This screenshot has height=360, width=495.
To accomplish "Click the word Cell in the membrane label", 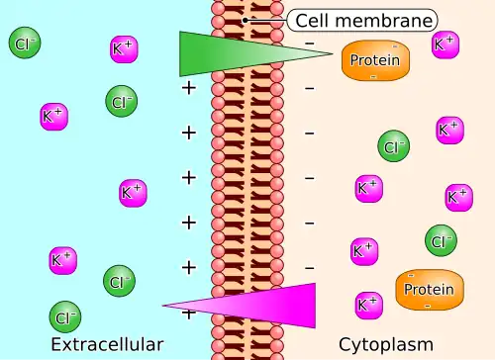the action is click(313, 21).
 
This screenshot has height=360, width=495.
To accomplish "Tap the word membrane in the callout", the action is click(384, 21).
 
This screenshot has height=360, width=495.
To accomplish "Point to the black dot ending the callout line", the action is click(246, 21).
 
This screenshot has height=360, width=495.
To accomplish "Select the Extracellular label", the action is click(107, 344).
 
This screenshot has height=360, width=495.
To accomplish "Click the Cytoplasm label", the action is click(386, 345).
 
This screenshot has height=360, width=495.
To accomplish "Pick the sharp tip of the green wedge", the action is click(332, 53).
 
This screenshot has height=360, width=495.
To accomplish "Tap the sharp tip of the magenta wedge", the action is click(162, 306).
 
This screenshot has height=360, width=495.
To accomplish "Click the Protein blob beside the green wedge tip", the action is click(375, 60).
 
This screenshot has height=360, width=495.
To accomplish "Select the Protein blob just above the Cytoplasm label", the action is click(430, 290).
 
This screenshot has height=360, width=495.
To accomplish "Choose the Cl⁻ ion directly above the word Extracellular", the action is click(65, 316).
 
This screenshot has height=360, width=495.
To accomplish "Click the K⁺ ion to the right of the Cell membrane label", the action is click(445, 45).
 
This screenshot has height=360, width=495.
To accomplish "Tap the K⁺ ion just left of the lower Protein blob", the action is click(369, 306).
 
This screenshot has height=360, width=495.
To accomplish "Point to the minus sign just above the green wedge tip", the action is click(310, 44).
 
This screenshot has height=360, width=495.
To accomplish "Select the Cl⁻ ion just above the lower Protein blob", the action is click(441, 240).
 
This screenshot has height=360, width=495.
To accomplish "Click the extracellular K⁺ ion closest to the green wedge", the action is click(124, 49).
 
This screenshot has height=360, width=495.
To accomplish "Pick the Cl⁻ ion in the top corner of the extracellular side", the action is click(25, 43).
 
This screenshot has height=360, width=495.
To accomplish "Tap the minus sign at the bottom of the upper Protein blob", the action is click(373, 77).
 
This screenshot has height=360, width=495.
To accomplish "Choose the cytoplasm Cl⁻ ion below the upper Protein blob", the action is click(394, 146).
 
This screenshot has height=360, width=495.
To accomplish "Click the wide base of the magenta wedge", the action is click(315, 306).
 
